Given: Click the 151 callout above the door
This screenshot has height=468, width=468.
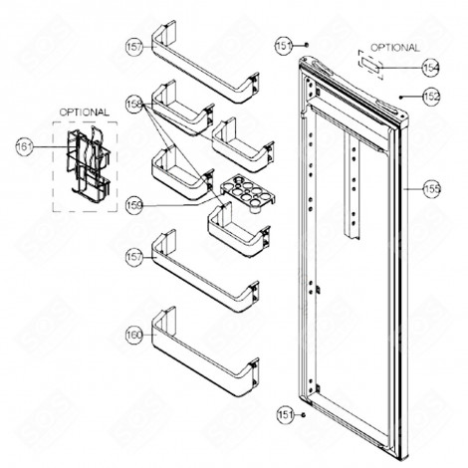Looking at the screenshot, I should tap(282, 45).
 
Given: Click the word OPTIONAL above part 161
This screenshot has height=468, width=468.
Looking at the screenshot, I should tap(83, 113).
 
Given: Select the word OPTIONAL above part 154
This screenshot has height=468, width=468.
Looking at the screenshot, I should tap(394, 47).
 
